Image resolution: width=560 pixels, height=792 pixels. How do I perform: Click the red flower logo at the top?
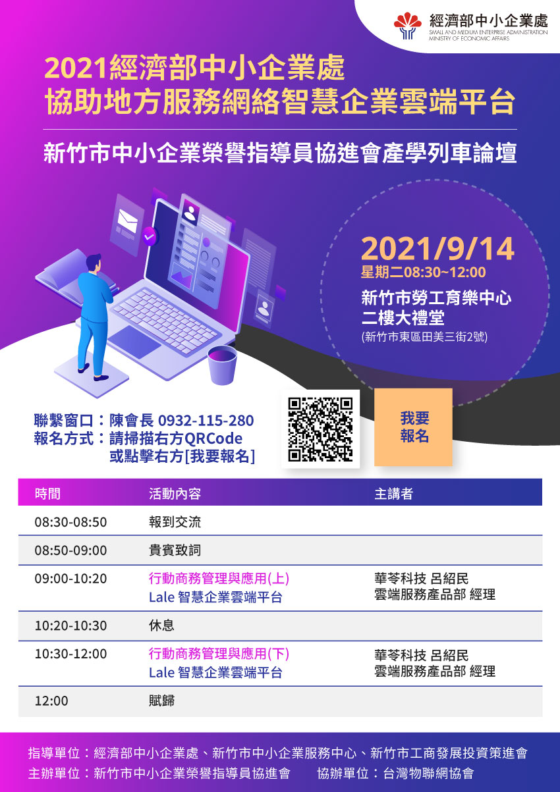coord(408,26)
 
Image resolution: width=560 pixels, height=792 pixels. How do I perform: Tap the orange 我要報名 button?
coord(413,427)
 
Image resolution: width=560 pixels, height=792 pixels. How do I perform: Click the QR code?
coord(320,429)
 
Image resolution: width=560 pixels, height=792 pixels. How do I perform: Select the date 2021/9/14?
coord(437,249)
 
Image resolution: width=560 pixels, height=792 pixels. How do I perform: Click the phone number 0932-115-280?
coord(206,421)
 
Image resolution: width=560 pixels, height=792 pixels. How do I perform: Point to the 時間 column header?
coord(47,494)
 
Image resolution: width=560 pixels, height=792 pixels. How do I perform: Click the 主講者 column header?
coord(394,494)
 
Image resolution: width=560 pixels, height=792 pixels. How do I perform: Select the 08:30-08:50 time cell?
coord(70,522)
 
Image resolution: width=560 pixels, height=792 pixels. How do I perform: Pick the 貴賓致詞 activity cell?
coord(175,550)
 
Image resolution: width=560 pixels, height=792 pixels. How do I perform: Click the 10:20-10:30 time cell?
coord(70,625)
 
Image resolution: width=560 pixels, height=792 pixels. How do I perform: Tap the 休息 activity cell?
coord(161,625)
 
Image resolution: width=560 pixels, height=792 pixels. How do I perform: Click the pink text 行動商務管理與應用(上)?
coord(219,579)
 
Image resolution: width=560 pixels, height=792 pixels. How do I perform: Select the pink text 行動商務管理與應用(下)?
coord(219,653)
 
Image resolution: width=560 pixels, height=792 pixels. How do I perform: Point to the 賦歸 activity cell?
coord(161,700)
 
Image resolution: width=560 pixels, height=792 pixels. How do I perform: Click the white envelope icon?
coord(128,221)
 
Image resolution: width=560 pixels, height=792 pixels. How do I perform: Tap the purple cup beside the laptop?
coord(222,365)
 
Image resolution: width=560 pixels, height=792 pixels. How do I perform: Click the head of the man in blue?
coord(94,263)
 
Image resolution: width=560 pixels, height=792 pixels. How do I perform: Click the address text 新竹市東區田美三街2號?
coord(424,336)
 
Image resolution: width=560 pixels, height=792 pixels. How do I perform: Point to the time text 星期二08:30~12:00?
coord(423,273)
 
